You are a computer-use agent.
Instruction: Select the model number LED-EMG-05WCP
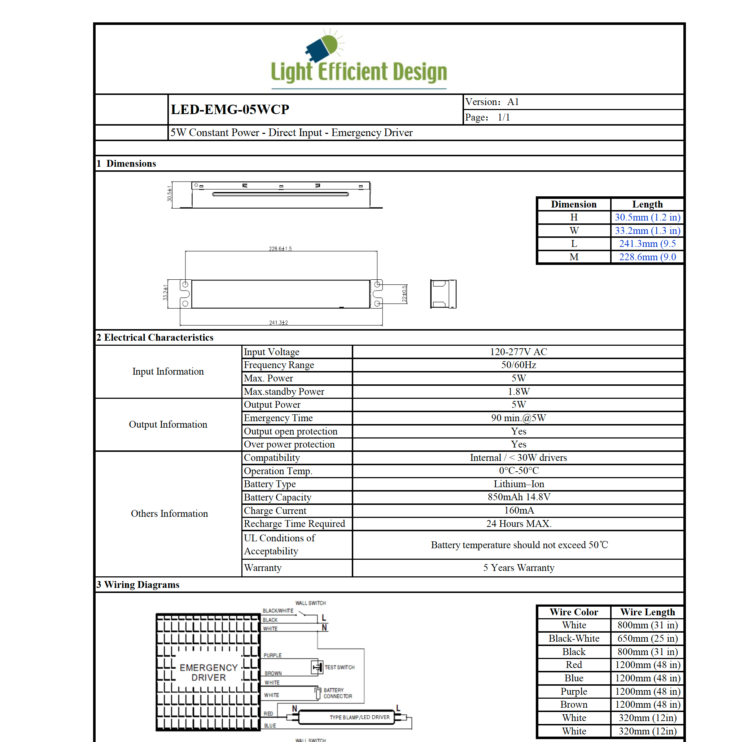pos(230,109)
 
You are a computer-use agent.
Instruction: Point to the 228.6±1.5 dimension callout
pos(280,249)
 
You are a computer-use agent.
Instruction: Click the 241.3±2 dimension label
pos(279,322)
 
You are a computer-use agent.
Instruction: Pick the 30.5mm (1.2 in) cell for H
pos(647,217)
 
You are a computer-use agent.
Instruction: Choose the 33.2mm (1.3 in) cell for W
pos(647,230)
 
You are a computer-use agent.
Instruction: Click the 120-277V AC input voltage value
pos(518,352)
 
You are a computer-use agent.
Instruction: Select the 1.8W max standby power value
pos(518,392)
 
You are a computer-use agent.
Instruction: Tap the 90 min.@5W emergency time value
pos(518,418)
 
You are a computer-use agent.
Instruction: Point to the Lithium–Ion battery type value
pos(518,484)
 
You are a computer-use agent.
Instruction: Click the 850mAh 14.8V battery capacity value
pos(518,497)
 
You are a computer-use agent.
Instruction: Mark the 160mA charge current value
pos(518,510)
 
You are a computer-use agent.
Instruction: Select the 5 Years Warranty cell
pos(518,567)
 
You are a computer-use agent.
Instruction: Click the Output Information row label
pos(168,424)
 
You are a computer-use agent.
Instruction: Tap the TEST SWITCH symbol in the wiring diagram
pos(317,667)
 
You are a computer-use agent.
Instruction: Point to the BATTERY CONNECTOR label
pos(337,693)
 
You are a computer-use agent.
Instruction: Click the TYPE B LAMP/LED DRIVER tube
pos(347,717)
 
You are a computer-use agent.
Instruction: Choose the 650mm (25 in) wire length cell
pos(647,638)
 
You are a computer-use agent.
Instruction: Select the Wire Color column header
pos(573,612)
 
